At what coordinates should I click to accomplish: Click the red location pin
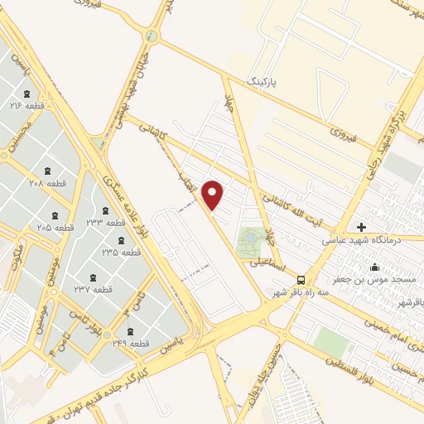(x=214, y=194)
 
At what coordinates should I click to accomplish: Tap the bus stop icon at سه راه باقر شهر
(x=301, y=279)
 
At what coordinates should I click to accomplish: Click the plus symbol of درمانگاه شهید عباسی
(x=361, y=227)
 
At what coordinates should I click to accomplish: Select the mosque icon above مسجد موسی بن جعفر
(x=375, y=267)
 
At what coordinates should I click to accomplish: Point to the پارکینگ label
(x=265, y=83)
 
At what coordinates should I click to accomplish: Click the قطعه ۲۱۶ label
(x=26, y=107)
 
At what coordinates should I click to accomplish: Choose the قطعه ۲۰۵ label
(x=55, y=226)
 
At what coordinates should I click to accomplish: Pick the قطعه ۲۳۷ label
(x=93, y=289)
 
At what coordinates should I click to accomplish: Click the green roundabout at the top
(x=151, y=36)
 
